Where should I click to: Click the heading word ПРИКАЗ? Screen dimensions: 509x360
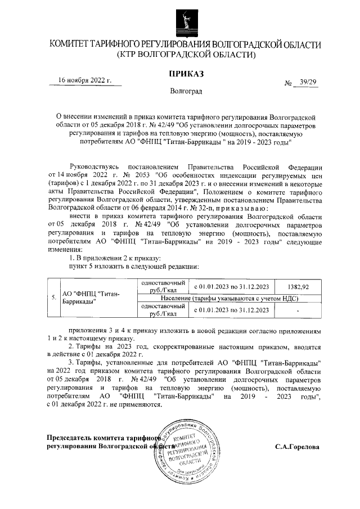coord(186,74)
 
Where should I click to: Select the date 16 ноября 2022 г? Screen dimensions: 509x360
coord(85,80)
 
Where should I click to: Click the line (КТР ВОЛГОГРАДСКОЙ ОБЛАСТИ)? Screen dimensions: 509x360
coord(186,55)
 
